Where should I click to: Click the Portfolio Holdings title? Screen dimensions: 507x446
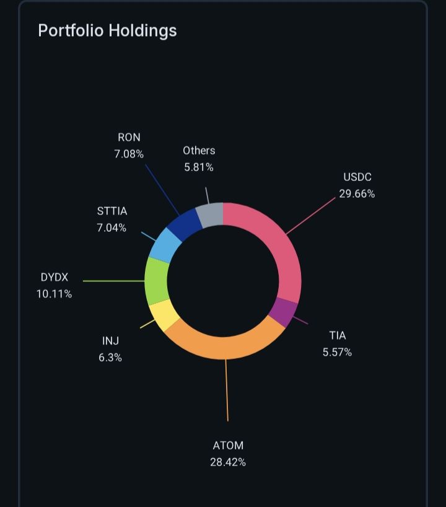107,30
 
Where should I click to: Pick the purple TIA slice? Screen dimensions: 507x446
284,312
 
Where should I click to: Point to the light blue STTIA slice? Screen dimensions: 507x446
165,244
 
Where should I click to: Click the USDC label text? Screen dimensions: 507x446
357,177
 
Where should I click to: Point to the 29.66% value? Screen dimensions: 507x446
357,193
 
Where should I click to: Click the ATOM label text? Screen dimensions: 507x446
228,446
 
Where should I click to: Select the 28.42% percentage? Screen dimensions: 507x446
228,462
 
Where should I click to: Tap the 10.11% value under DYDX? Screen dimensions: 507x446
55,294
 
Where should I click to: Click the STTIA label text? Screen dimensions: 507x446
111,211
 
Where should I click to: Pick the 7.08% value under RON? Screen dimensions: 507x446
129,154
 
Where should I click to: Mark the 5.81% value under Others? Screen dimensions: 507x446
199,167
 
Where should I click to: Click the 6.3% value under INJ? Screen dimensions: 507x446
110,357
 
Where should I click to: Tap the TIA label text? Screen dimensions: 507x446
338,336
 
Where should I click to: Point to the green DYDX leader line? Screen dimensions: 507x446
114,281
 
